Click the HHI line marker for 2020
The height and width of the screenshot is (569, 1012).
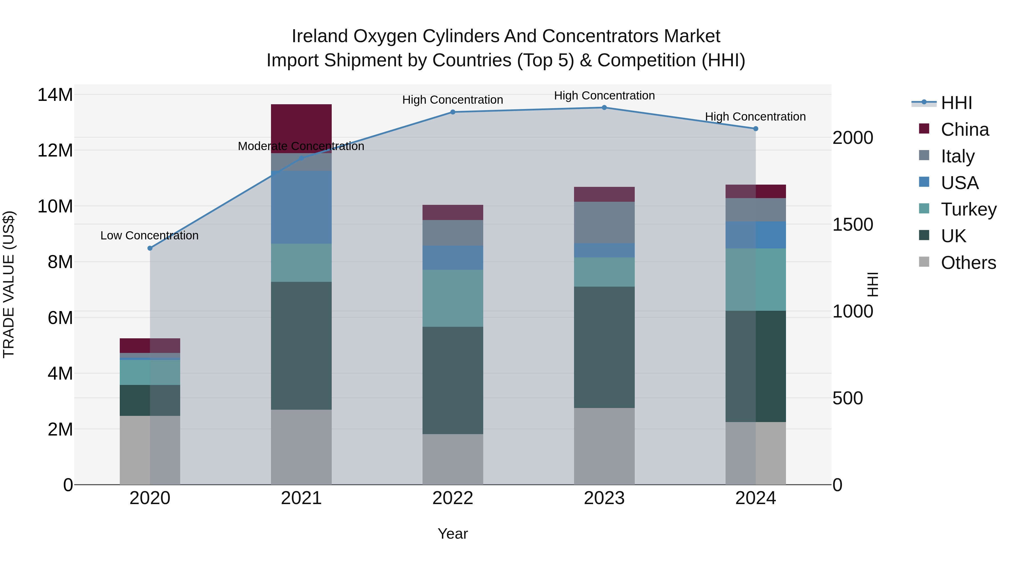tap(150, 248)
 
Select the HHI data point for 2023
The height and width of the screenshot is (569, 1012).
tap(604, 108)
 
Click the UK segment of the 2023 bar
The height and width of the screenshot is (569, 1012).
tap(604, 348)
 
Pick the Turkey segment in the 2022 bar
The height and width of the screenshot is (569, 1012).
tap(453, 298)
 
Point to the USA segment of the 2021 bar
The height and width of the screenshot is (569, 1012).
tap(301, 207)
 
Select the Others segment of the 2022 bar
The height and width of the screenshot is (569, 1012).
tap(453, 459)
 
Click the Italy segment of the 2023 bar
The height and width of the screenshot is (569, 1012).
tap(604, 222)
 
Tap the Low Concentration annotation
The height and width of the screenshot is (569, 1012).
tap(149, 236)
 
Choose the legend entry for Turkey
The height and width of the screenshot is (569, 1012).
tap(968, 209)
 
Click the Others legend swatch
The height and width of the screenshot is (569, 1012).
tap(924, 262)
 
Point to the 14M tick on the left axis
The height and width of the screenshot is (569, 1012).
tap(55, 95)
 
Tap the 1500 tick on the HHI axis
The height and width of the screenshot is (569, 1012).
tap(853, 225)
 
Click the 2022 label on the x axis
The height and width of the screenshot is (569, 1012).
tap(453, 498)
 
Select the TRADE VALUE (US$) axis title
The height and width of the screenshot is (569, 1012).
tap(9, 285)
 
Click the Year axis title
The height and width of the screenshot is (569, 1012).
tap(453, 534)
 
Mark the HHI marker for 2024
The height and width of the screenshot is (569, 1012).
tap(755, 129)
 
